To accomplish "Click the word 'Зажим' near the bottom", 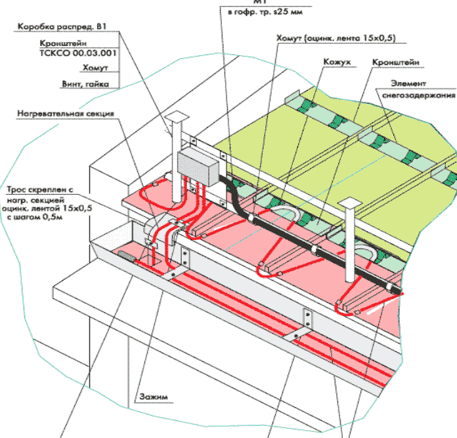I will click(x=151, y=396).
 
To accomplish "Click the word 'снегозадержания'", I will click(x=420, y=95).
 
